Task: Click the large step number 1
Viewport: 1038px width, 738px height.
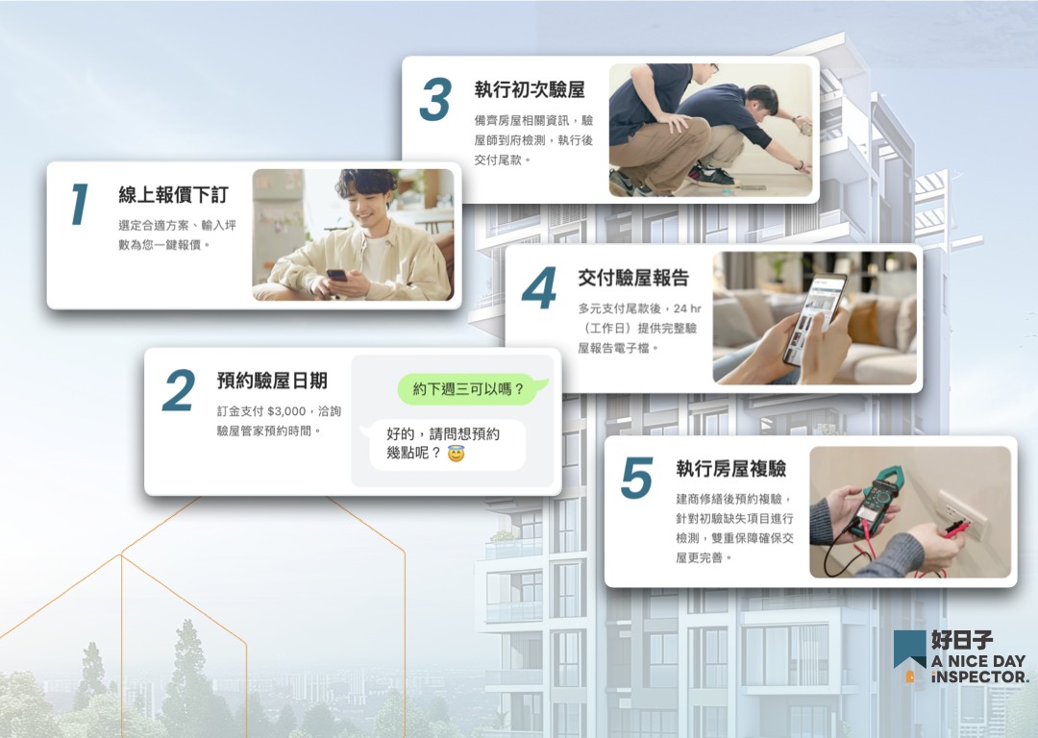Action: (80, 205)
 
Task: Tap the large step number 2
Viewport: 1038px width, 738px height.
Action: (179, 390)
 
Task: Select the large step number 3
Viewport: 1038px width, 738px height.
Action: (435, 99)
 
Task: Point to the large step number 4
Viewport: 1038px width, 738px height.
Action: (539, 288)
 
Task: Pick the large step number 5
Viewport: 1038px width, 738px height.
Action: (637, 478)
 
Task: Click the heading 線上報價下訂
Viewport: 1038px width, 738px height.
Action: (173, 195)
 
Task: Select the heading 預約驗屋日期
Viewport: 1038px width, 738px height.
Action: (272, 381)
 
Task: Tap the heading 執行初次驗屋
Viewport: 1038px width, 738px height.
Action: (530, 89)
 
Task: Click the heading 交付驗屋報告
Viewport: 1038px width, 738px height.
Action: (633, 278)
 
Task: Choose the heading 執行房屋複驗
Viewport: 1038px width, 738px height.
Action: (730, 469)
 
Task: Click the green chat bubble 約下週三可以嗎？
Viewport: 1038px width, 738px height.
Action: (472, 389)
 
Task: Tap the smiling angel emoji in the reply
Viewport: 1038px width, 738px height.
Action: (457, 454)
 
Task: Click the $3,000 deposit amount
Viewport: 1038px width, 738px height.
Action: (286, 411)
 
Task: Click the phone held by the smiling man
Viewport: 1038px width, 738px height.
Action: (336, 275)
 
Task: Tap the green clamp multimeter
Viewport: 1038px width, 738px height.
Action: (877, 499)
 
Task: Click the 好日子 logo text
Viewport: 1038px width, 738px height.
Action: (962, 639)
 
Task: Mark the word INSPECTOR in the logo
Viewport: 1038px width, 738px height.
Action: (980, 677)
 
